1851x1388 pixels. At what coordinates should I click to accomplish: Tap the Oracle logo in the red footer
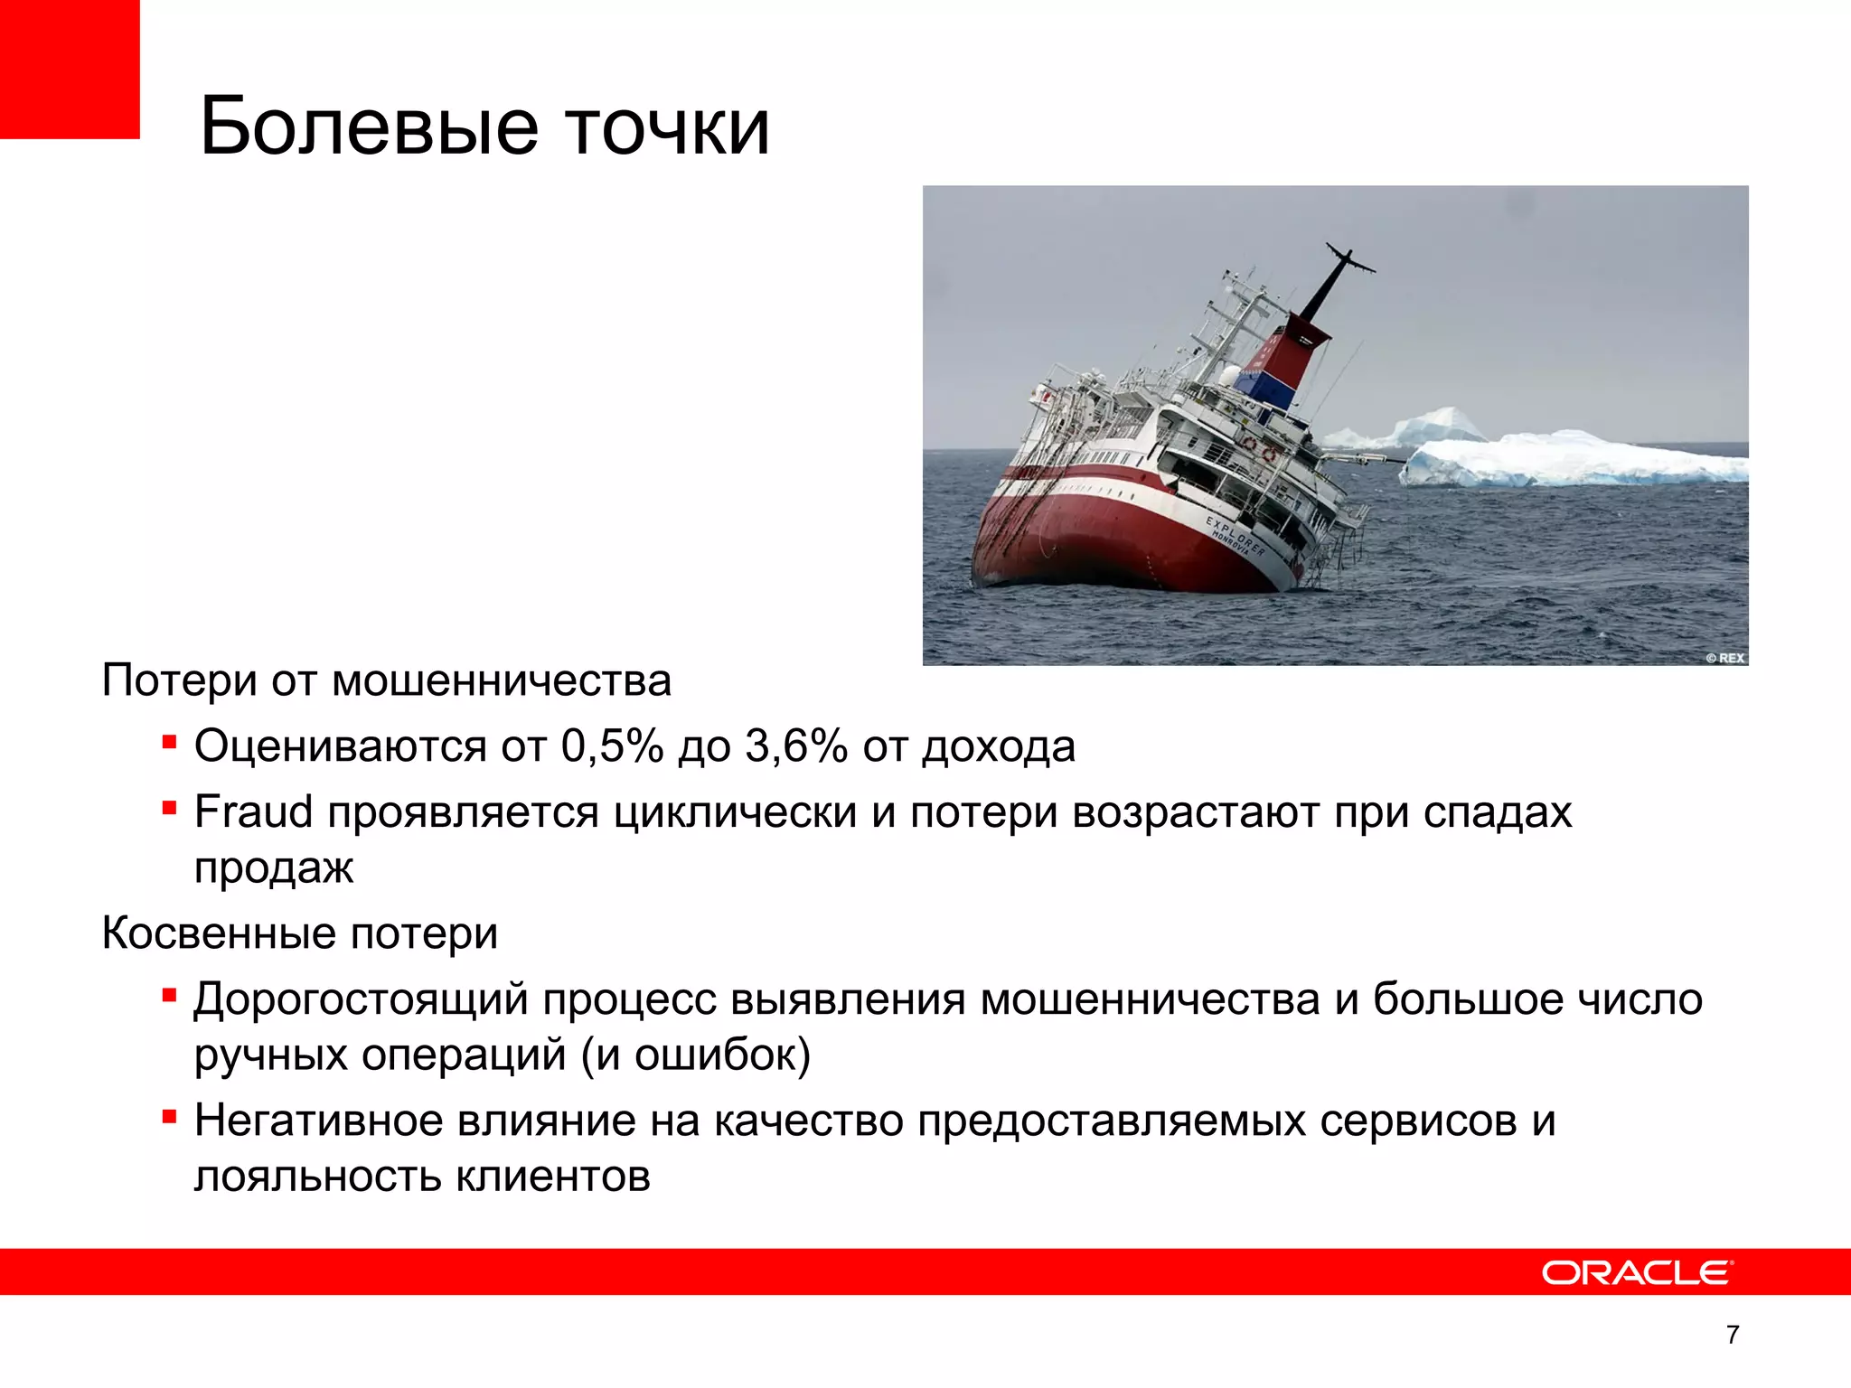coord(1637,1272)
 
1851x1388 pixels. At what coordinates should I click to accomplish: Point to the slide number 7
coord(1733,1335)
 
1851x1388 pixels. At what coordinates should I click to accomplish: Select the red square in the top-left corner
coord(70,69)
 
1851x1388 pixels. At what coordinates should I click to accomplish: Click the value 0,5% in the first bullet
coord(612,746)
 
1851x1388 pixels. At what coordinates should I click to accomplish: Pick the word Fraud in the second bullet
coord(253,811)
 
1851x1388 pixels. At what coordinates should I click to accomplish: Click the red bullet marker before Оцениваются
coord(169,743)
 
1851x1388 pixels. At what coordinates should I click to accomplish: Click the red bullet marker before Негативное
coord(169,1118)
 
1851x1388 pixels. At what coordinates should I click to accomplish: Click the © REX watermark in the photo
coord(1724,658)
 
